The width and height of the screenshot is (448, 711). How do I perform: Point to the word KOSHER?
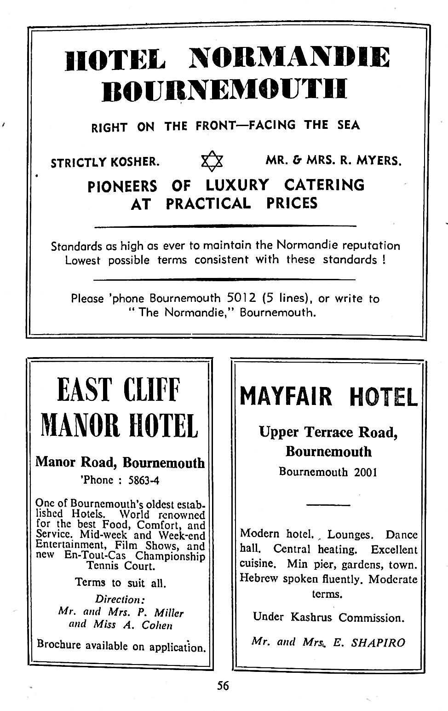pyautogui.click(x=136, y=162)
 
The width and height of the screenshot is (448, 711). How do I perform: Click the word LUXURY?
pyautogui.click(x=237, y=185)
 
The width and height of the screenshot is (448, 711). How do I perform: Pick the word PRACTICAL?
pyautogui.click(x=208, y=203)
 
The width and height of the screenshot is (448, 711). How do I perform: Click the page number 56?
pyautogui.click(x=223, y=686)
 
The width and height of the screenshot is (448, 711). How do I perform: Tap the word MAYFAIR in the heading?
pyautogui.click(x=285, y=396)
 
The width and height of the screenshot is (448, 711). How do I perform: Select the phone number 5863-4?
pyautogui.click(x=144, y=480)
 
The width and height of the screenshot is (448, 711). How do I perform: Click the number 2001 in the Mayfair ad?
pyautogui.click(x=365, y=472)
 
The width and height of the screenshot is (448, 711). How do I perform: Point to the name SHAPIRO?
pyautogui.click(x=378, y=642)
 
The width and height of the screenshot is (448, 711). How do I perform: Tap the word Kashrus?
pyautogui.click(x=311, y=617)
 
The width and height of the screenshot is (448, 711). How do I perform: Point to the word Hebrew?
pyautogui.click(x=259, y=578)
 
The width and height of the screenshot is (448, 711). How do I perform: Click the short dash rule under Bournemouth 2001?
pyautogui.click(x=328, y=505)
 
